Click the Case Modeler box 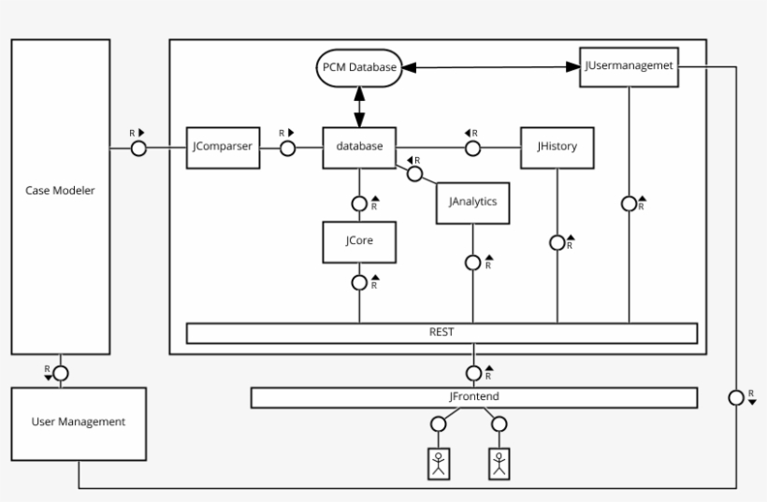(60, 191)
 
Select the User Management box (79, 423)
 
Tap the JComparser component (223, 147)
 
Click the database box (359, 147)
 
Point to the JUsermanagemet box (628, 66)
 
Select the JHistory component (557, 147)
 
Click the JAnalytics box (472, 202)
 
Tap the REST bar (442, 332)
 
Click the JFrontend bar (474, 397)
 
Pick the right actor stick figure (499, 463)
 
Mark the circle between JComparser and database (288, 148)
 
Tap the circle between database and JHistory (473, 148)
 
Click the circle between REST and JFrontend (474, 373)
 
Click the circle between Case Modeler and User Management (60, 373)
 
